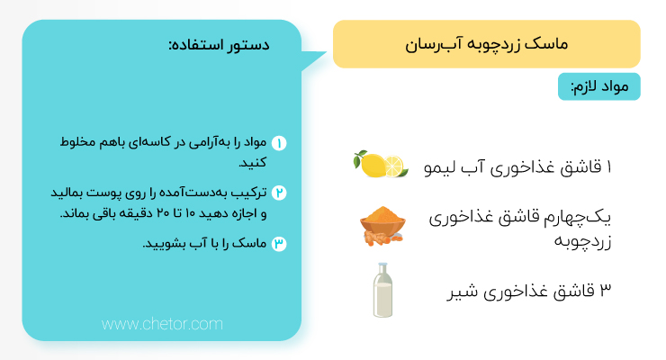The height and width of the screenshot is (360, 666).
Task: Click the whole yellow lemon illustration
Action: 373,165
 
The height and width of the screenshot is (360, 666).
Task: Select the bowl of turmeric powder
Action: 382,220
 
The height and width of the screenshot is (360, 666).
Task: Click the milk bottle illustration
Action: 382,290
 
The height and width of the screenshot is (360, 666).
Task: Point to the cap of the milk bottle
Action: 383,265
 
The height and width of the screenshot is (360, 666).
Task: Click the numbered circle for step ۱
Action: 279,143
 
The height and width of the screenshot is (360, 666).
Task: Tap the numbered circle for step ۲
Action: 279,193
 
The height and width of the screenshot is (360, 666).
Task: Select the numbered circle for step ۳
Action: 279,244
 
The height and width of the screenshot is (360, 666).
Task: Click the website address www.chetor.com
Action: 162,324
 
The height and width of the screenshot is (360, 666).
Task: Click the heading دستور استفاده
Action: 220,45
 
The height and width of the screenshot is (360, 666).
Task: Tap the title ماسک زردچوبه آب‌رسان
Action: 486,44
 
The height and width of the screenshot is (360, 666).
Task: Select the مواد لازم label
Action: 599,86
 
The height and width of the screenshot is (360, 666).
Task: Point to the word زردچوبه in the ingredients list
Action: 582,240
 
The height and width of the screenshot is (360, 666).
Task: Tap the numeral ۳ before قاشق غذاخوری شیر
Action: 606,290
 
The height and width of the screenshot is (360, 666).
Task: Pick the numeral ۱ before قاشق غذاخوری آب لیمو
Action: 608,166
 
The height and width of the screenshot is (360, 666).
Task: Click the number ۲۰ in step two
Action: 163,212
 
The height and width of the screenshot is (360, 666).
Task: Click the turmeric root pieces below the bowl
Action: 381,239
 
